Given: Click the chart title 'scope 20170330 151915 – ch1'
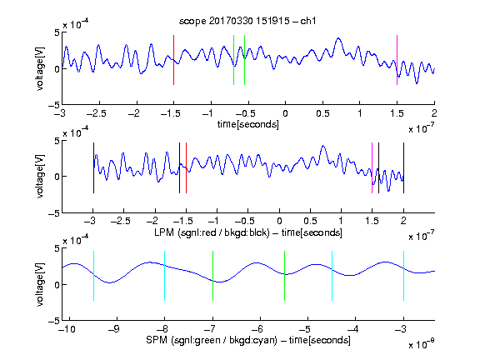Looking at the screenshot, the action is pos(247,21).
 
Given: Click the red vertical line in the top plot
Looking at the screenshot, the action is pos(173,60).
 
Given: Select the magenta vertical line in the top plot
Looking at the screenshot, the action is pos(397,60).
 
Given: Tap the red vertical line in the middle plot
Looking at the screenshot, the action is pos(186,168).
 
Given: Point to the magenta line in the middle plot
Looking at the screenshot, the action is pos(372,168).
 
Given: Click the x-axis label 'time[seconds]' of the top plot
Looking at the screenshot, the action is pos(248,124).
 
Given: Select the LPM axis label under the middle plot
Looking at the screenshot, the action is pos(248,232).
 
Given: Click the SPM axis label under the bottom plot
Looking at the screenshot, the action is pos(248,340).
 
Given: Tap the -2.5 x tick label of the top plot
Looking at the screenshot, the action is pos(96,113).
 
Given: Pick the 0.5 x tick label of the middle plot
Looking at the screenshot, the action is pos(310,221).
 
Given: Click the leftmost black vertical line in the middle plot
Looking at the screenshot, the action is pos(93,168).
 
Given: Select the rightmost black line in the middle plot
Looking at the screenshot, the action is pos(403,168).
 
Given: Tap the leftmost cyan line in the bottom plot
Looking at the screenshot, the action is pos(93,276).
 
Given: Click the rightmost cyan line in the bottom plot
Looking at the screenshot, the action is pos(403,276).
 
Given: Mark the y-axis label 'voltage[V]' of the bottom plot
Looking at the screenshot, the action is pos(40,284).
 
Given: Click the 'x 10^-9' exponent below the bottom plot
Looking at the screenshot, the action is pos(421,344).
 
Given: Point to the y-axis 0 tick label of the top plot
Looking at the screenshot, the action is pos(56,69).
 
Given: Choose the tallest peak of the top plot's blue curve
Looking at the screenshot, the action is pos(338,38).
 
